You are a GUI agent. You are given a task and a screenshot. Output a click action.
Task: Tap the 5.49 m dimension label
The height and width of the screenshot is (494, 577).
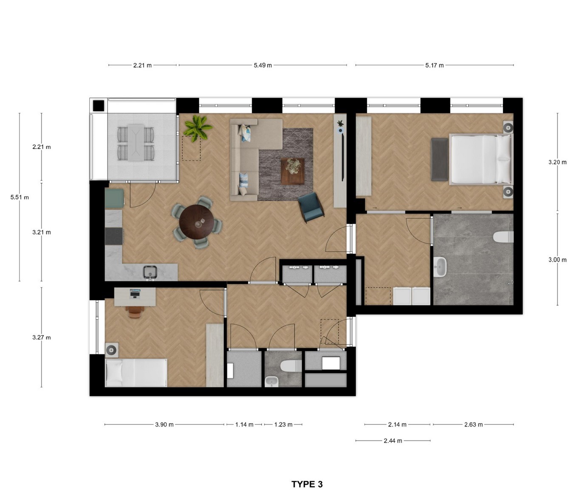(x=263, y=65)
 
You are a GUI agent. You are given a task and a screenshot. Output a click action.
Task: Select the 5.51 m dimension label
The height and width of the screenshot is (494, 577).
(x=20, y=197)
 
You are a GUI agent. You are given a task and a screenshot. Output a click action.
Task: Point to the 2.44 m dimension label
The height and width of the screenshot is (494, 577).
(x=393, y=441)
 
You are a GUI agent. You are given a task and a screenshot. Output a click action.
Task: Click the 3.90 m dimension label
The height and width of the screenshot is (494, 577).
(x=164, y=424)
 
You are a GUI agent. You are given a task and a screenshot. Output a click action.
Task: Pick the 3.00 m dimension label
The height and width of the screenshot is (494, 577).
(x=557, y=260)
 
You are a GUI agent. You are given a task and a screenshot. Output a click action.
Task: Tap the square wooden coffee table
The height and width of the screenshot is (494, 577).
(x=293, y=171)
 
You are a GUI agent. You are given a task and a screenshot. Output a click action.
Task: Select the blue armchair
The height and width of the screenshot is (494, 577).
(x=311, y=207)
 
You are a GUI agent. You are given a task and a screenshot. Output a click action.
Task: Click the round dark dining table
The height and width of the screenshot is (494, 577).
(x=197, y=222)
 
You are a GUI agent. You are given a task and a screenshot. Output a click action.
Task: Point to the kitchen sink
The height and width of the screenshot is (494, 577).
(x=150, y=272)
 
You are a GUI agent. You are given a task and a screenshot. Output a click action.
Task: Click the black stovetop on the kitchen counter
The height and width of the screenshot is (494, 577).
(x=113, y=236)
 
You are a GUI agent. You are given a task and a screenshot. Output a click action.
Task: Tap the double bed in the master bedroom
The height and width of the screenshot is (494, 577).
(x=481, y=159)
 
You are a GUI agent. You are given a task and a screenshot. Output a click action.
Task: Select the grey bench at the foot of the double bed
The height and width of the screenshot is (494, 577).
(x=440, y=159)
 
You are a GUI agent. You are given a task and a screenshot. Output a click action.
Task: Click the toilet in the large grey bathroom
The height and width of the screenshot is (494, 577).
(x=503, y=237)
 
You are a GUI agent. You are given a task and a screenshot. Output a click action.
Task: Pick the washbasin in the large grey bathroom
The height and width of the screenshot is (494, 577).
(x=441, y=267)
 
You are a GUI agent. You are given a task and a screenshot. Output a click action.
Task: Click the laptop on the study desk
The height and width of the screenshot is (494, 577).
(x=135, y=294)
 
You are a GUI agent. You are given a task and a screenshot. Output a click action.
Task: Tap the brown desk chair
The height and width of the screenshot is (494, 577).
(x=135, y=312)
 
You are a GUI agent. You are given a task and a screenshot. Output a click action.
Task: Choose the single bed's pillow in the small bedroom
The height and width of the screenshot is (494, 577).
(x=114, y=373)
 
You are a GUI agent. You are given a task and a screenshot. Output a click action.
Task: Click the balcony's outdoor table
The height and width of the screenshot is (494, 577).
(x=136, y=143)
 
